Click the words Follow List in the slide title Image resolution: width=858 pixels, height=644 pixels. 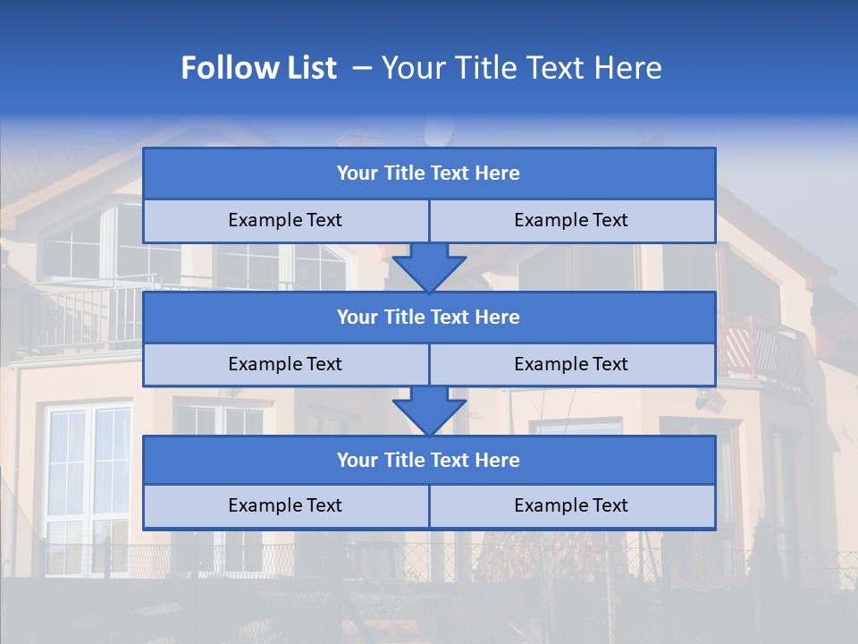[258, 68]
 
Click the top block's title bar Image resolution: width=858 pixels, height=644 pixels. [429, 174]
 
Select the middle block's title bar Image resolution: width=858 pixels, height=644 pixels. [429, 317]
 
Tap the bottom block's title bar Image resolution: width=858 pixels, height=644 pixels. [429, 460]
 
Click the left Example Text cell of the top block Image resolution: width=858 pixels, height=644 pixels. [285, 220]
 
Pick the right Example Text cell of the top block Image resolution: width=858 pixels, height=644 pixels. [571, 220]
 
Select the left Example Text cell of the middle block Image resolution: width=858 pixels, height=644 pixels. [285, 364]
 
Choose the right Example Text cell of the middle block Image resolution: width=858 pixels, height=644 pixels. [571, 364]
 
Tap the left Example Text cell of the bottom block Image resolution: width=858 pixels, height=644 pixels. [285, 505]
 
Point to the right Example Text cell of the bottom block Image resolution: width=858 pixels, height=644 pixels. [571, 505]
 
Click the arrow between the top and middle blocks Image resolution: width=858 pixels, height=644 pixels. [429, 267]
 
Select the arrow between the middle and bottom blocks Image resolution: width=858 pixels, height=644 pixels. [429, 411]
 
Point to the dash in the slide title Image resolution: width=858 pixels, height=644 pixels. [362, 68]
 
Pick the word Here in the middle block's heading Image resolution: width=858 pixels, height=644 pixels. [497, 317]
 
